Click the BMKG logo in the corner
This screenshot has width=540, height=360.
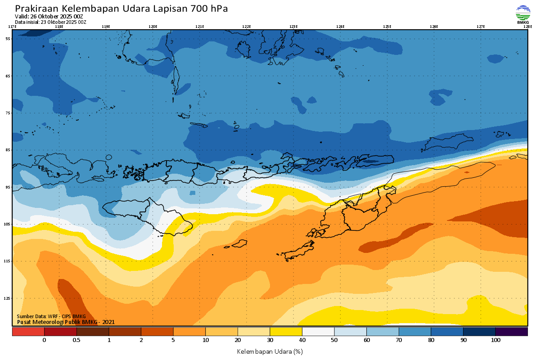(x=523, y=14)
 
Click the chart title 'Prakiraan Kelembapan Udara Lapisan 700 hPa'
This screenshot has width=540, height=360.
(x=121, y=9)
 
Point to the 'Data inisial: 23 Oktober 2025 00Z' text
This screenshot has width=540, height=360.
(x=50, y=22)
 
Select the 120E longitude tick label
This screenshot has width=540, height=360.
(x=153, y=27)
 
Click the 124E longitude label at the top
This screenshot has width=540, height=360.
(x=340, y=27)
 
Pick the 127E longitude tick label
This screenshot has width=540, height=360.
(x=481, y=27)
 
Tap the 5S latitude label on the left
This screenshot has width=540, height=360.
(x=8, y=39)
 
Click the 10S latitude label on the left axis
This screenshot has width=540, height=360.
(x=7, y=224)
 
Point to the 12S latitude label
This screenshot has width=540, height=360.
(x=7, y=298)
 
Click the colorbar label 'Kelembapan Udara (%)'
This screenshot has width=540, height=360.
(x=270, y=351)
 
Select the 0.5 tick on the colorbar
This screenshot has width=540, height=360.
(x=76, y=340)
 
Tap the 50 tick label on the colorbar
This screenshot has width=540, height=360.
(x=334, y=340)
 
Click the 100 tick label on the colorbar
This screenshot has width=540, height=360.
(x=495, y=340)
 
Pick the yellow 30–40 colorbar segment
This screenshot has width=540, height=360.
(x=286, y=332)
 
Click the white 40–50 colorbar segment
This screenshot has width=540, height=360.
(x=318, y=332)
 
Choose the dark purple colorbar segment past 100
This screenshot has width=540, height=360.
(x=511, y=332)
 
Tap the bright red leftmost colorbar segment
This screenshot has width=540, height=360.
(x=28, y=332)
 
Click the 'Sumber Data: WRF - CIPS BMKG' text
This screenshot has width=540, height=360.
(x=51, y=317)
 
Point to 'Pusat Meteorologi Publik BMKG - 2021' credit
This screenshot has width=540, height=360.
(x=66, y=322)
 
